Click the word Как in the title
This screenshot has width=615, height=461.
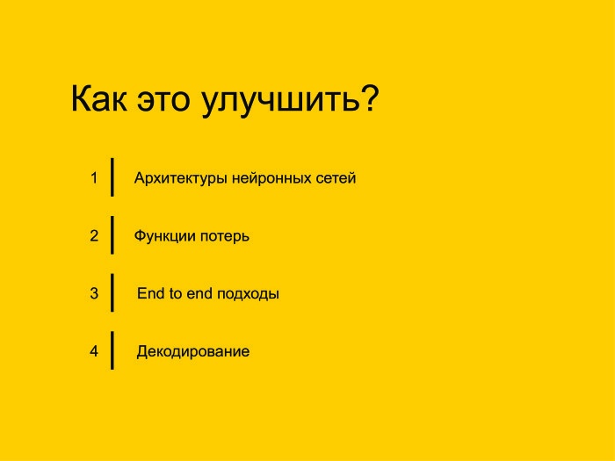pyautogui.click(x=99, y=100)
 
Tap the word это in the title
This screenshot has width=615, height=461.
pyautogui.click(x=165, y=100)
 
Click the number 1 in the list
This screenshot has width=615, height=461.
pyautogui.click(x=93, y=177)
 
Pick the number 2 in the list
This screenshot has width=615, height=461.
pyautogui.click(x=93, y=235)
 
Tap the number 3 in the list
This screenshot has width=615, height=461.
pyautogui.click(x=93, y=293)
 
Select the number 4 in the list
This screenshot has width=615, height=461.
pyautogui.click(x=93, y=351)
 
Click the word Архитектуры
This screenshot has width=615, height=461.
pyautogui.click(x=181, y=178)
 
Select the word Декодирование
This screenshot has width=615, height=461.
pyautogui.click(x=192, y=352)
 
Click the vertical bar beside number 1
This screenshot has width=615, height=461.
pyautogui.click(x=112, y=176)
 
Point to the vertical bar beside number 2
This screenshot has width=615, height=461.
pyautogui.click(x=112, y=234)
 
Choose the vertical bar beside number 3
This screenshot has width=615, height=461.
pyautogui.click(x=112, y=292)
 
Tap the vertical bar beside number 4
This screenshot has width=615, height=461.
pyautogui.click(x=112, y=350)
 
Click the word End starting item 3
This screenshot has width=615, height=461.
pyautogui.click(x=150, y=294)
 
